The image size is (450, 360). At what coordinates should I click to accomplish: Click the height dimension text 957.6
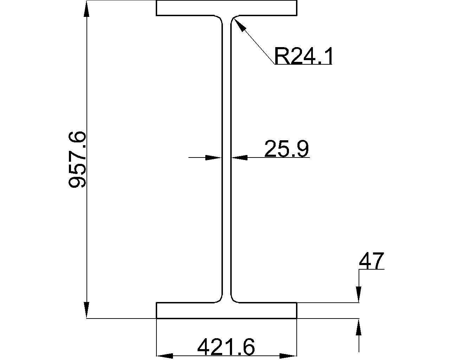click(x=77, y=159)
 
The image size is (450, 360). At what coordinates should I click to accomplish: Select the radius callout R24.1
click(x=303, y=56)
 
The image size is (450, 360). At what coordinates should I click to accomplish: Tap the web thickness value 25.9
click(x=287, y=148)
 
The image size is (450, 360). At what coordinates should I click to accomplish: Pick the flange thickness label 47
click(x=371, y=261)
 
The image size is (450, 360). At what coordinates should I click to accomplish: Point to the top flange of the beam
click(x=226, y=8)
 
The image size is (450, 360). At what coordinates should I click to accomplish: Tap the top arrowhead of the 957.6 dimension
click(x=86, y=8)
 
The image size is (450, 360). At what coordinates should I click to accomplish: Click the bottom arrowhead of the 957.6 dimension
click(x=86, y=310)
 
